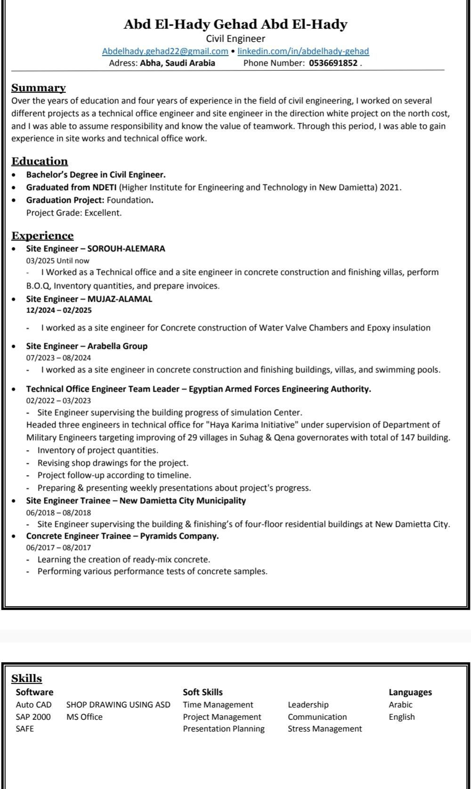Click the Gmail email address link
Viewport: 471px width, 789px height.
[x=165, y=51]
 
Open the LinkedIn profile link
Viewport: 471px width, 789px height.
[x=303, y=51]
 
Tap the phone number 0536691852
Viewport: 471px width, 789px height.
[x=333, y=63]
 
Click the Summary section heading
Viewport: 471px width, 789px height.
[x=39, y=88]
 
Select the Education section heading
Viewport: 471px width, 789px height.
[x=40, y=161]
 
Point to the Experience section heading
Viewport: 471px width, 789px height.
[x=42, y=236]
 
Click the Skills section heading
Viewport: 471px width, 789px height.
[x=26, y=678]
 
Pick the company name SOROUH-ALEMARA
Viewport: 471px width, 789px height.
[x=126, y=248]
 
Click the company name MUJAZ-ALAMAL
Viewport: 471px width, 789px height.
[x=120, y=299]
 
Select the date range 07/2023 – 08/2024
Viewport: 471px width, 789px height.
[x=58, y=358]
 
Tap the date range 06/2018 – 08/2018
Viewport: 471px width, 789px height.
[x=58, y=512]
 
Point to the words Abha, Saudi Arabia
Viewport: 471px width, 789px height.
[x=178, y=63]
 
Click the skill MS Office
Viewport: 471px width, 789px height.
[x=84, y=717]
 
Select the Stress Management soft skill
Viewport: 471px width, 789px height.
[x=325, y=729]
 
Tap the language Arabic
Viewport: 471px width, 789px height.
[x=400, y=705]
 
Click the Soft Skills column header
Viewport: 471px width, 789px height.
[x=203, y=692]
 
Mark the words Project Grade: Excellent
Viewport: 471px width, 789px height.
[x=74, y=213]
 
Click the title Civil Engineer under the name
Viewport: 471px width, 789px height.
[x=235, y=39]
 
